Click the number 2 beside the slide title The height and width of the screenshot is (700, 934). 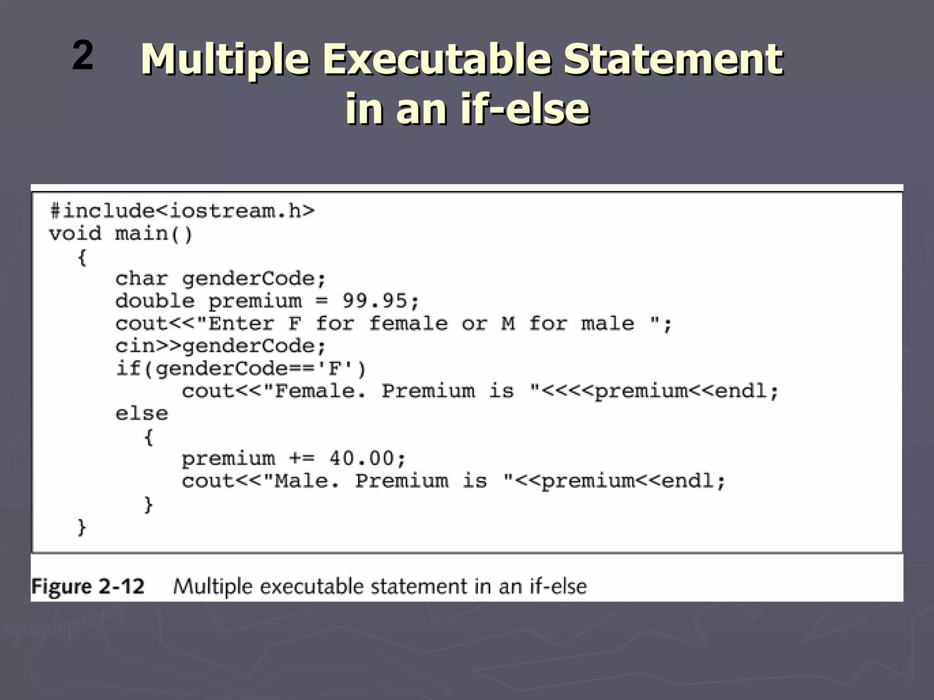click(83, 55)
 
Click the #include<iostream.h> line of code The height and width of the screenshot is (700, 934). click(182, 211)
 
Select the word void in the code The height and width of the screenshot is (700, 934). click(75, 234)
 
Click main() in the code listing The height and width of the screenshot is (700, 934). click(154, 234)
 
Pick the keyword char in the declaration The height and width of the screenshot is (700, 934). click(141, 278)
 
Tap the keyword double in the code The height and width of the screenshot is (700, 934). click(155, 301)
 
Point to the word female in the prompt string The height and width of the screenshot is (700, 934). click(408, 324)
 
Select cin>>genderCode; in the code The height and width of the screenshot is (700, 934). click(221, 346)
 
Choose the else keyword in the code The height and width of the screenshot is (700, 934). click(141, 414)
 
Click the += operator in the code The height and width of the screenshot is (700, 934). click(301, 458)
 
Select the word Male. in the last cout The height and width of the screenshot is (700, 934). click(307, 481)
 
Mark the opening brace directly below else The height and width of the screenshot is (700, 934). click(148, 437)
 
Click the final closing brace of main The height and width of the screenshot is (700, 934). click(82, 527)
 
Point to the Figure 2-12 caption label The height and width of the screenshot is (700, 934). click(88, 586)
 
